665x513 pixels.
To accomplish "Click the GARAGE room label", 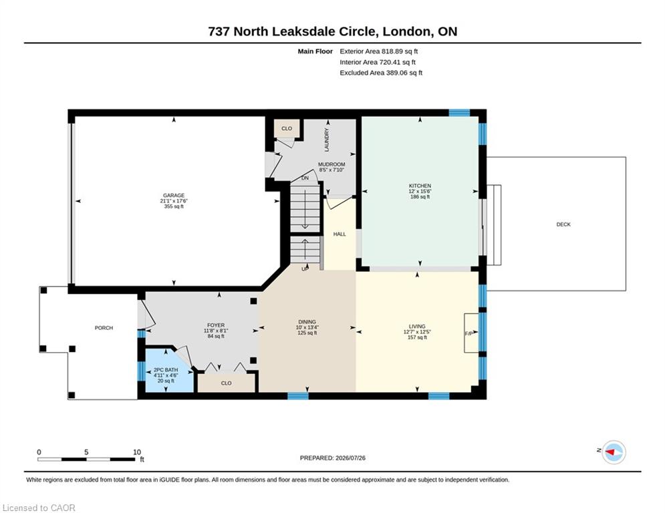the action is (174, 196).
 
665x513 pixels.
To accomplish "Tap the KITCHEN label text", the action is (420, 186).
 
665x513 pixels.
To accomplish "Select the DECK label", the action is (563, 224).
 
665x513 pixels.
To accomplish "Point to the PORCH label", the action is (104, 328).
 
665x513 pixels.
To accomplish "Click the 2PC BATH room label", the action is (166, 369).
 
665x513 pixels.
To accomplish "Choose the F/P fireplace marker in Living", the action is (469, 334).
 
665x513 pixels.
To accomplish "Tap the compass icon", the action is (614, 452).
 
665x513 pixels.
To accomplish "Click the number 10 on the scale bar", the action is (136, 452).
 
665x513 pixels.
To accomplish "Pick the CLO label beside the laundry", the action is (287, 128).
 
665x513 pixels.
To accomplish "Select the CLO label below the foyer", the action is (226, 383).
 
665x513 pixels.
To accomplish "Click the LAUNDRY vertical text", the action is (327, 140).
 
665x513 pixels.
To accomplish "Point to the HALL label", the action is (340, 234).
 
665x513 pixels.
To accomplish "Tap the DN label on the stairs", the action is (305, 178).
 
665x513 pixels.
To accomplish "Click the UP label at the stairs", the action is (305, 269).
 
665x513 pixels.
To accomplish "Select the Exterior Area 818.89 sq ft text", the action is (379, 51).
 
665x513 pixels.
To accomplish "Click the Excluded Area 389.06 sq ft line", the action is (381, 73).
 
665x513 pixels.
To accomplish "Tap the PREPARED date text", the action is (333, 458).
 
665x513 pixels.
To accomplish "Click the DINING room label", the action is (307, 322).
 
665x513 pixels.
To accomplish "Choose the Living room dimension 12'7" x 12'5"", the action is (417, 332).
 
